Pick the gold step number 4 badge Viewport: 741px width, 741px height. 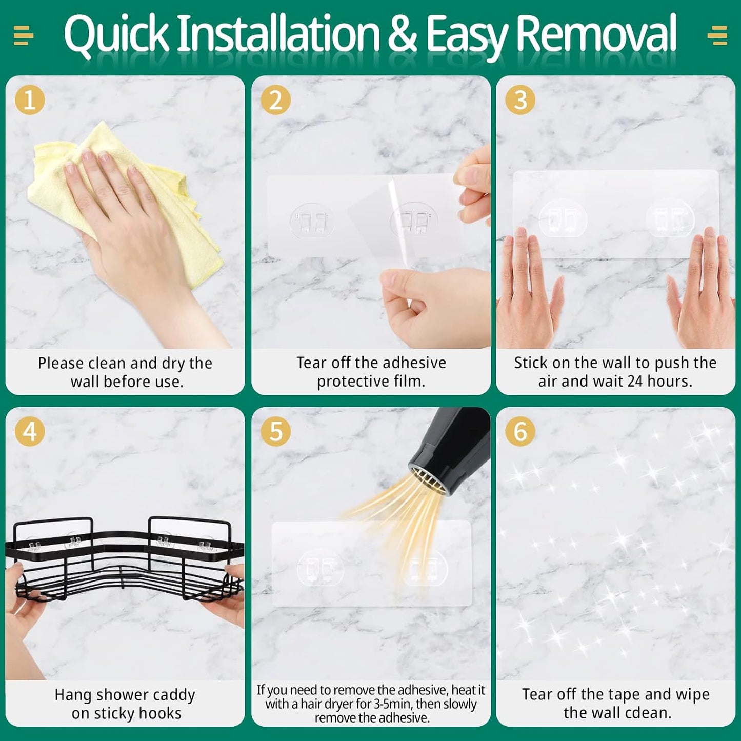pos(30,431)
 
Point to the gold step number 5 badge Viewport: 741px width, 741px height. pos(275,431)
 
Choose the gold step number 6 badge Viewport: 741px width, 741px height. pos(520,431)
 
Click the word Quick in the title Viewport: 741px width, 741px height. pos(116,34)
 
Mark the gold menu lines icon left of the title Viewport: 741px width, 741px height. pos(24,35)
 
